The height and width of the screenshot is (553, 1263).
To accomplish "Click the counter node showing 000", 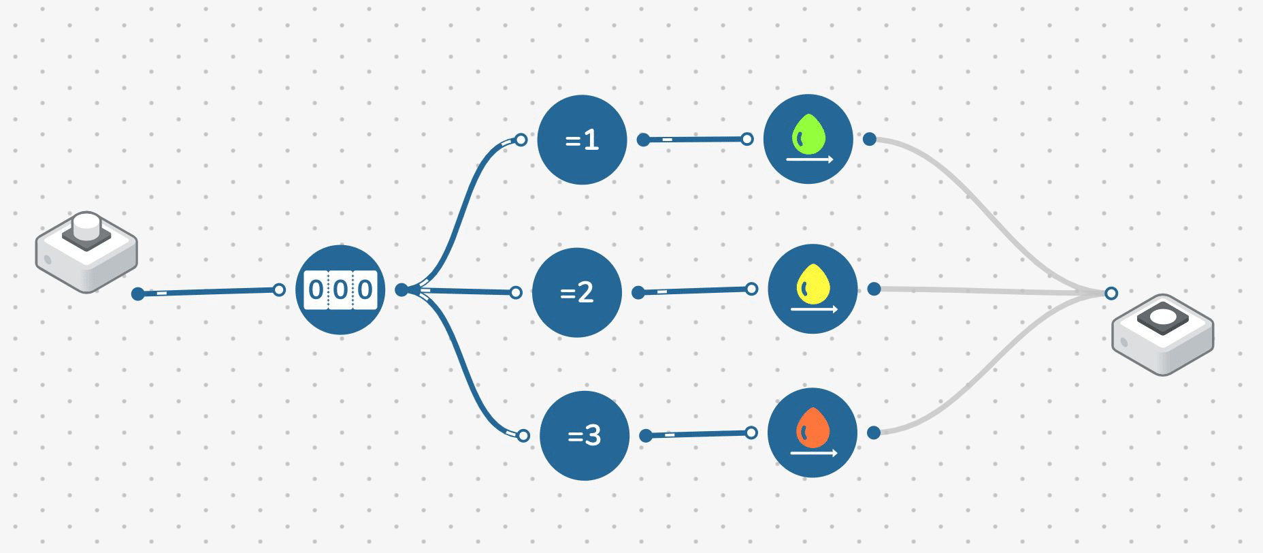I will [x=341, y=289].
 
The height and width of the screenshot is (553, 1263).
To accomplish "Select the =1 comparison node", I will [x=582, y=140].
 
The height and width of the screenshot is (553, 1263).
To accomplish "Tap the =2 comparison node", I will [x=576, y=292].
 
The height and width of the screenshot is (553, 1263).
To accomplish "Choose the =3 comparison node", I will [x=585, y=435].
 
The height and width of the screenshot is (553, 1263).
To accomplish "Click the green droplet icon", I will [x=808, y=133].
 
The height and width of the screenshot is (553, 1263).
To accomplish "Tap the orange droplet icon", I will [x=813, y=427].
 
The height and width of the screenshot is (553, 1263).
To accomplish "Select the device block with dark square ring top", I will [x=1162, y=334].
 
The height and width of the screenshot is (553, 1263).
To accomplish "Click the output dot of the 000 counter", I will [x=401, y=290].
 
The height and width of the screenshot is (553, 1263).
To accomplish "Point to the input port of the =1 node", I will [x=521, y=140].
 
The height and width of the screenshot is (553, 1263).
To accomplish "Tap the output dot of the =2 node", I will [x=638, y=293].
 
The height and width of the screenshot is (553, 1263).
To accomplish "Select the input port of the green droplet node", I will [x=747, y=140].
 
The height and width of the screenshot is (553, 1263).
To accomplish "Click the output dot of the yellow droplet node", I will [x=874, y=289].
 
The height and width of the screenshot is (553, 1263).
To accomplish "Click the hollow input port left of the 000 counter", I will [x=278, y=290].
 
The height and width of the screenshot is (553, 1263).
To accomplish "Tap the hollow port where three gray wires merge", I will [x=1111, y=294].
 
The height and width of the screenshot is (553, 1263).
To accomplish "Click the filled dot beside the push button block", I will [x=138, y=294].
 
